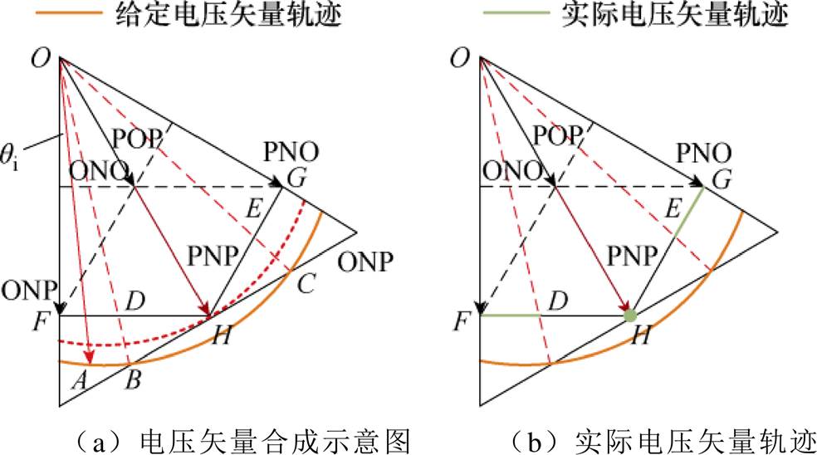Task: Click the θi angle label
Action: [9, 158]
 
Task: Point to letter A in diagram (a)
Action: [79, 380]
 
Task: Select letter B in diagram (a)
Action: [134, 380]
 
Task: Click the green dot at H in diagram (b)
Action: [630, 316]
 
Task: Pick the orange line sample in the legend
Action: [69, 12]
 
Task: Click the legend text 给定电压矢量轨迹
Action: [228, 14]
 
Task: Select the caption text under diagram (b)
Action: [661, 442]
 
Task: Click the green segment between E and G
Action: [689, 212]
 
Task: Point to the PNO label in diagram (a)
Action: [291, 152]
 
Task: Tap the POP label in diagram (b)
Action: [557, 135]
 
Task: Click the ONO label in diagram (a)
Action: [99, 170]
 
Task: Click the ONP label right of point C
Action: [365, 262]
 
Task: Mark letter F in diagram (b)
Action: [461, 321]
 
